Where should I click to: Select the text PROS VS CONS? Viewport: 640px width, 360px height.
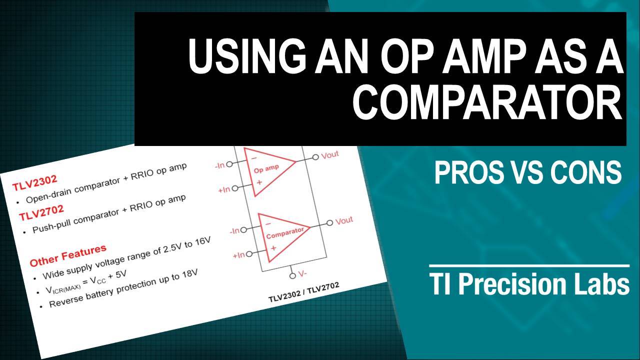tap(527, 173)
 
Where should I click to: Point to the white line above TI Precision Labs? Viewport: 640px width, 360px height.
tap(529, 265)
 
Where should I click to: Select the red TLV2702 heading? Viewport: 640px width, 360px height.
tap(41, 213)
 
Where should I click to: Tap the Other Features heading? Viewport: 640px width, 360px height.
tap(68, 255)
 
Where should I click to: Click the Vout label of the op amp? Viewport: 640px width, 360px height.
tap(329, 155)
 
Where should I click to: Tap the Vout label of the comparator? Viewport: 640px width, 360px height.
tap(343, 220)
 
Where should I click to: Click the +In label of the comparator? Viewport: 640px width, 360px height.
tap(238, 255)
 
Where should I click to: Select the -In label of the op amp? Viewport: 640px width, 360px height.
tap(219, 164)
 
